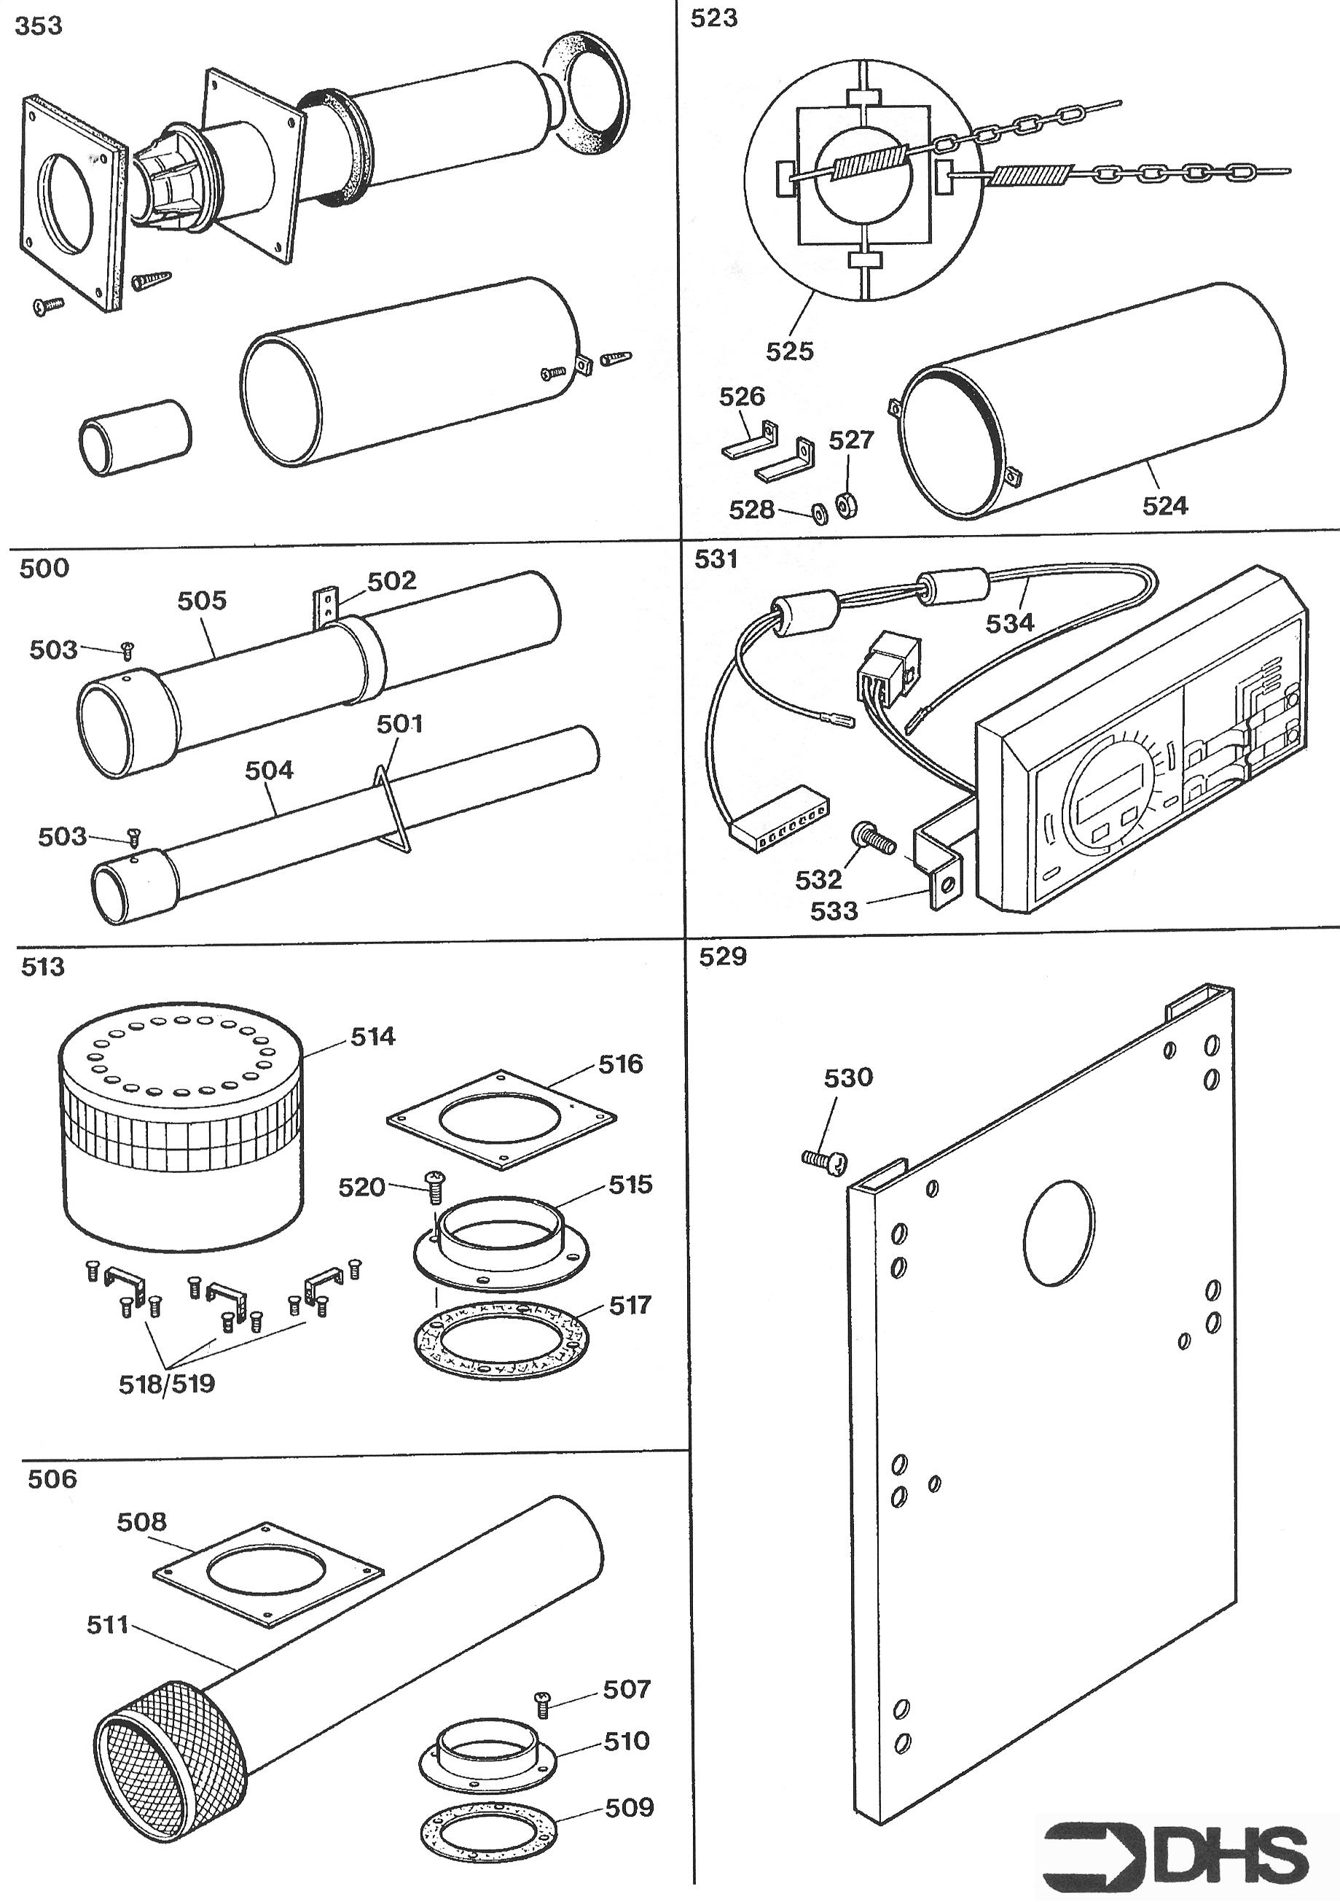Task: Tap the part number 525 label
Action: (x=789, y=351)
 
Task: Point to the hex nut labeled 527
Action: (x=845, y=504)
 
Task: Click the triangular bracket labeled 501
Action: (x=393, y=808)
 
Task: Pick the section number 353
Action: (x=39, y=26)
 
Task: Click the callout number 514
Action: (x=372, y=1037)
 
